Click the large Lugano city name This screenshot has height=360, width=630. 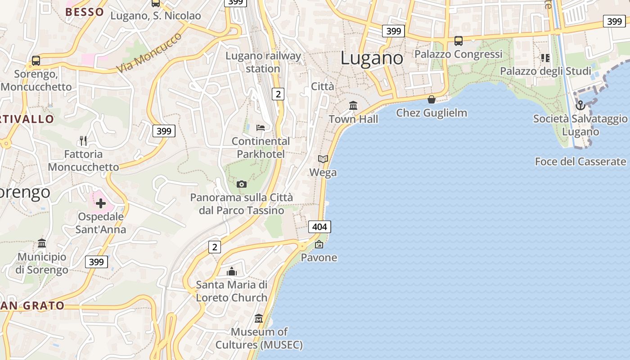coord(372,58)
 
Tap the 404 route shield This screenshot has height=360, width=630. coord(319,227)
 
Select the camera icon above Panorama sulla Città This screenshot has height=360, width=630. coord(242,184)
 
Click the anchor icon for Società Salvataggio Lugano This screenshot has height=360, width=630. coord(580,105)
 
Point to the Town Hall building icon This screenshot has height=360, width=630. coord(353,106)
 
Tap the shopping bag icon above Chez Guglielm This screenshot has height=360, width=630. coord(432,99)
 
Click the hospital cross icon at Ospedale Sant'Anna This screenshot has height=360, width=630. coord(101,203)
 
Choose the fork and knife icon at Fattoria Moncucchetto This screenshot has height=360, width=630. coord(83,141)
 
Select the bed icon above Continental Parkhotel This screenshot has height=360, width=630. coord(261,127)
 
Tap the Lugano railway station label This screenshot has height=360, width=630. coord(263,62)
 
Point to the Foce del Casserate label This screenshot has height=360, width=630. coord(580,162)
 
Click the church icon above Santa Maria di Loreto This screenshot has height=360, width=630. coord(232,271)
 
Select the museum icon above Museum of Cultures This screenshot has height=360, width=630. coord(259,319)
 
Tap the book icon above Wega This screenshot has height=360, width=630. coord(323,159)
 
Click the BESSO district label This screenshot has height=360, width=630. coord(85,12)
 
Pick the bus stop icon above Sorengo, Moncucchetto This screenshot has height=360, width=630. coord(36,60)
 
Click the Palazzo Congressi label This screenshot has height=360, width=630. coord(458,54)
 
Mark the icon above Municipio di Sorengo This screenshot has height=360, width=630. coord(42,243)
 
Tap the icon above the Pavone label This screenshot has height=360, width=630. coord(319,244)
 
